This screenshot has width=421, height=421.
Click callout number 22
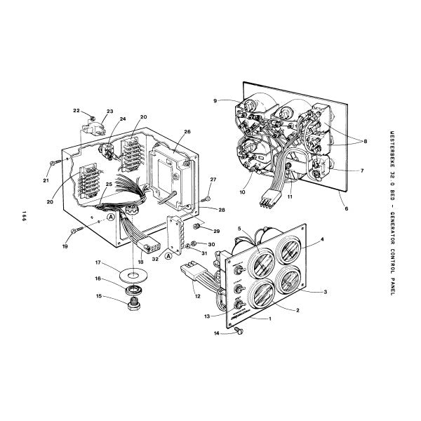click(76, 112)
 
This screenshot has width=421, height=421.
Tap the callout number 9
click(217, 101)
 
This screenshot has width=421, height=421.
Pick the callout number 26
click(187, 131)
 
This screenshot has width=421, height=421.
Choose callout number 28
click(222, 209)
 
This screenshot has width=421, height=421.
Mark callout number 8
click(364, 141)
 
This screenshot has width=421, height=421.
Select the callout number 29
click(217, 231)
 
